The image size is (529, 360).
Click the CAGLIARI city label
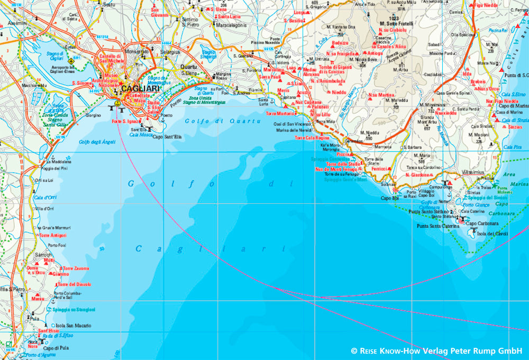(x=140, y=89)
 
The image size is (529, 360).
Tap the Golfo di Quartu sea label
(x=223, y=121)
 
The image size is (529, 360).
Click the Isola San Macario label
(x=74, y=325)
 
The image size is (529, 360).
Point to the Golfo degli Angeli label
(x=97, y=142)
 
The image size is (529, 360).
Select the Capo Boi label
(x=389, y=198)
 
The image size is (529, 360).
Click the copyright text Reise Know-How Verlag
(x=436, y=350)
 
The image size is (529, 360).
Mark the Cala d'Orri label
(x=46, y=197)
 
